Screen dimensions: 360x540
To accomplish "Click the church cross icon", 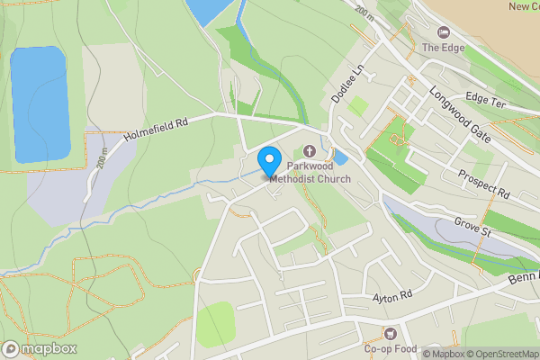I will coord(311,151).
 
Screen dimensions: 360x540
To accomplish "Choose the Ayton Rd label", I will coord(391,295).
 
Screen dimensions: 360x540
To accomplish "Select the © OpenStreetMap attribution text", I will coord(499,354).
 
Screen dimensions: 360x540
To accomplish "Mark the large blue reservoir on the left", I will coord(40,103).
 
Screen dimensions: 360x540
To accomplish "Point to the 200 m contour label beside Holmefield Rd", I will coord(104,159).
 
